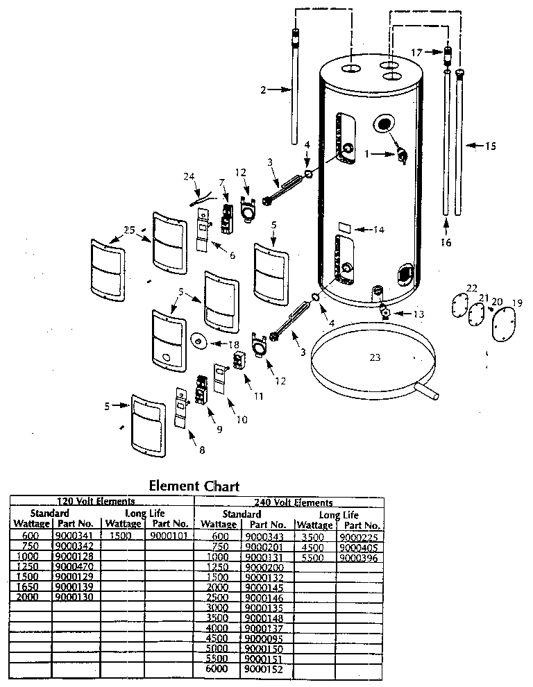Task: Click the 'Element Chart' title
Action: pyautogui.click(x=194, y=486)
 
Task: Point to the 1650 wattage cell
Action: pyautogui.click(x=31, y=586)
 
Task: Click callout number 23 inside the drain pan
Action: pyautogui.click(x=375, y=358)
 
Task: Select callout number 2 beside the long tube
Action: pyautogui.click(x=263, y=90)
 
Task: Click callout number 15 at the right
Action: pyautogui.click(x=490, y=146)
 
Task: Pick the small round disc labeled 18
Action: pyautogui.click(x=198, y=340)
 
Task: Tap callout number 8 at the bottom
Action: pyautogui.click(x=202, y=450)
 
